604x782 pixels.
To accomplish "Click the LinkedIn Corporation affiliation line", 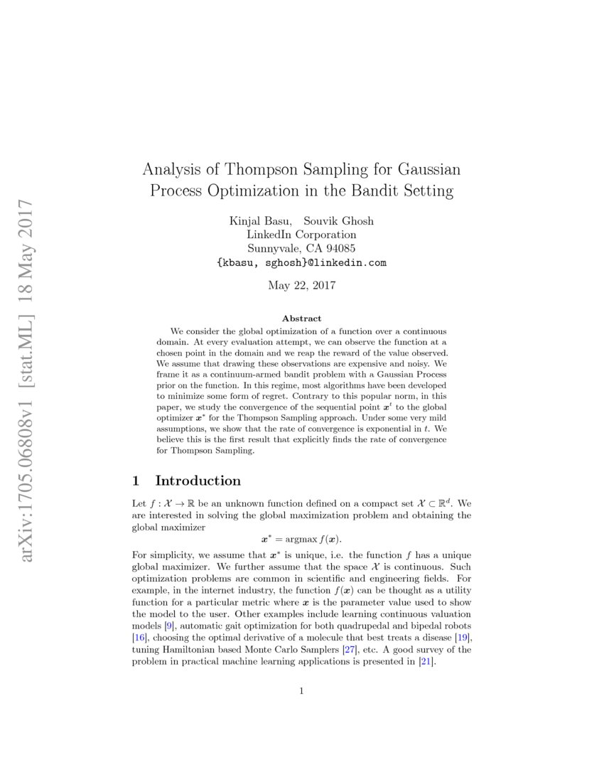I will pyautogui.click(x=301, y=235).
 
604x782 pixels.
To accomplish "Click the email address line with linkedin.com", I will pyautogui.click(x=301, y=262).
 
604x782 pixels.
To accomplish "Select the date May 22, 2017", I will pyautogui.click(x=301, y=286).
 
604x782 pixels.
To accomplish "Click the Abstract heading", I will pyautogui.click(x=301, y=318).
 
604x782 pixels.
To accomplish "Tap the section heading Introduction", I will pyautogui.click(x=198, y=481).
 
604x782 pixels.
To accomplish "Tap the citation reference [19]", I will pyautogui.click(x=463, y=638).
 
